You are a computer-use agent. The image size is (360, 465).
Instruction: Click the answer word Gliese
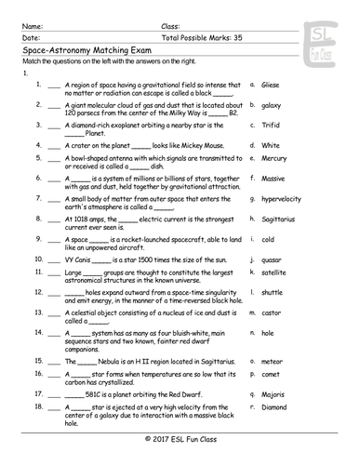coord(271,85)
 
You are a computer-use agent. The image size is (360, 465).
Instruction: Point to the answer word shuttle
coord(272,292)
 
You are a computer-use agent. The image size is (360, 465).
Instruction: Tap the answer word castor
coord(271,314)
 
